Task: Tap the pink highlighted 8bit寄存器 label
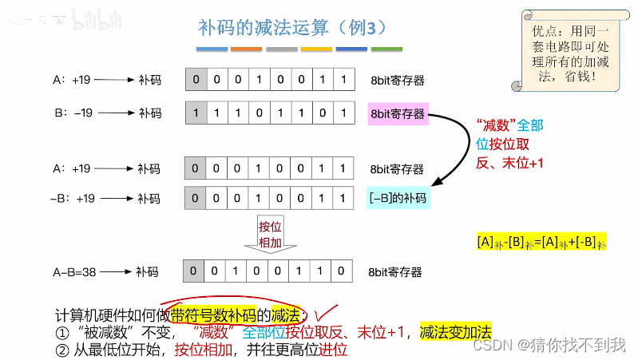(398, 113)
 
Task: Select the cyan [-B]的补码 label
(398, 197)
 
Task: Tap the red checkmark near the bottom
(325, 313)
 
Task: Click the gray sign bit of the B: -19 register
(195, 113)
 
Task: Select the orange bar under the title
(246, 49)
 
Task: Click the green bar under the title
(386, 49)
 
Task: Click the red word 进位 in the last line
(334, 350)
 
